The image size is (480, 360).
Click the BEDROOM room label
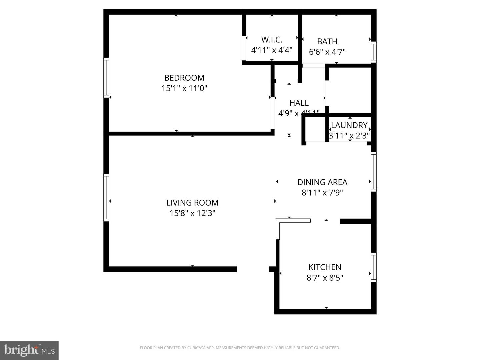click(184, 78)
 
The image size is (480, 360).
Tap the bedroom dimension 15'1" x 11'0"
click(184, 88)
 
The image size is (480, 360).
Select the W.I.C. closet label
click(271, 40)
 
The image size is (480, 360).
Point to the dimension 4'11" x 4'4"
click(271, 50)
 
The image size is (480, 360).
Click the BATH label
click(327, 41)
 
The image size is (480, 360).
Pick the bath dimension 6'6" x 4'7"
click(327, 52)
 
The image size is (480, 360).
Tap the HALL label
click(299, 103)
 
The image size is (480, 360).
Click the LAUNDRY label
click(349, 125)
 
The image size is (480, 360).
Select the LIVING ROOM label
click(192, 203)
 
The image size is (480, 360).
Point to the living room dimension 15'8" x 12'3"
click(192, 213)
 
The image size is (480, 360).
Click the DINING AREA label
click(322, 182)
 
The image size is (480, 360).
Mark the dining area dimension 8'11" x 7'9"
click(322, 193)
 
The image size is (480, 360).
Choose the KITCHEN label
click(325, 267)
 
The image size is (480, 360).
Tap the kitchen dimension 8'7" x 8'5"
click(325, 278)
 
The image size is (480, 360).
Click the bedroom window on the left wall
click(106, 77)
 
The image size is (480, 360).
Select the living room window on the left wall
click(106, 197)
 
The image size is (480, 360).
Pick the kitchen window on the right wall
click(374, 267)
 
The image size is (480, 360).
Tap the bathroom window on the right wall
click(374, 52)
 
